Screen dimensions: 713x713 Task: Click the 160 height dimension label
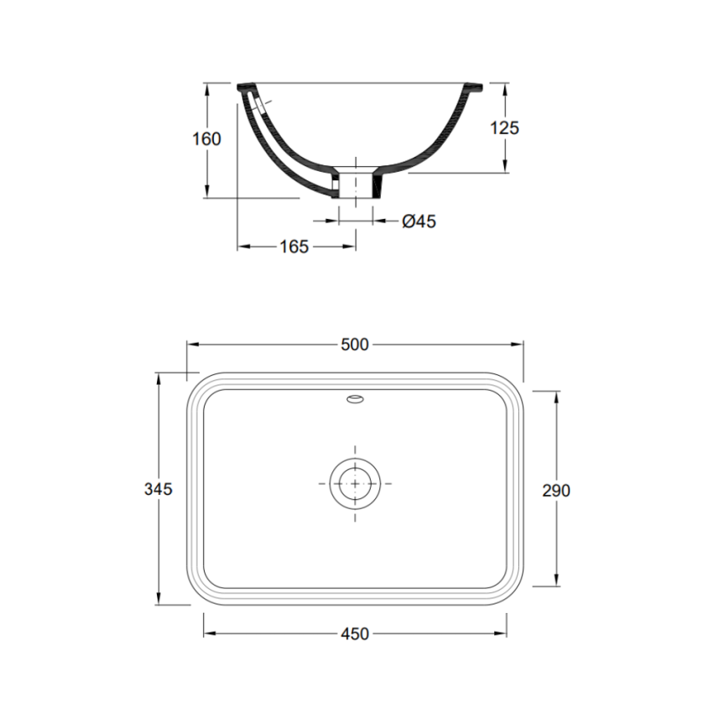206,139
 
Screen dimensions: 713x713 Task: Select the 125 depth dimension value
505,128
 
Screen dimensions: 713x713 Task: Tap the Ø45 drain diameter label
419,221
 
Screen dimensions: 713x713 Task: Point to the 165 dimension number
294,246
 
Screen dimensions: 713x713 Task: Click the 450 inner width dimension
355,634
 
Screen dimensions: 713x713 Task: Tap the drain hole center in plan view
355,483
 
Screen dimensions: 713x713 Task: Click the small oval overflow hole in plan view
355,400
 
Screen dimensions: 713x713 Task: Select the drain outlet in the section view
356,185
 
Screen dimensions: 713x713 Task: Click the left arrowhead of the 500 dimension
191,344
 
